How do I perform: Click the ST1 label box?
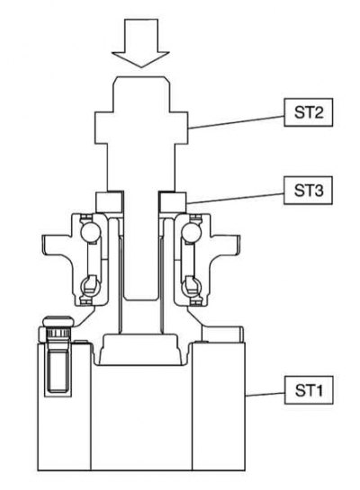click(309, 390)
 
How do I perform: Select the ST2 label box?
click(308, 112)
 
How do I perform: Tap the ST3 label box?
click(308, 191)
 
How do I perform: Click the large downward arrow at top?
click(140, 43)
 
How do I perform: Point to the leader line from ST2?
click(236, 122)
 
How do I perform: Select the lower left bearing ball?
click(90, 285)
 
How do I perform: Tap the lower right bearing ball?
click(191, 285)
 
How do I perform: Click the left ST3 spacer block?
click(108, 202)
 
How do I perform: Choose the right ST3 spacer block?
click(173, 202)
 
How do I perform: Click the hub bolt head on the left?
click(58, 322)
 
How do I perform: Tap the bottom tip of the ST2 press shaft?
click(140, 300)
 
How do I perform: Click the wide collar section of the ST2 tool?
click(141, 128)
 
